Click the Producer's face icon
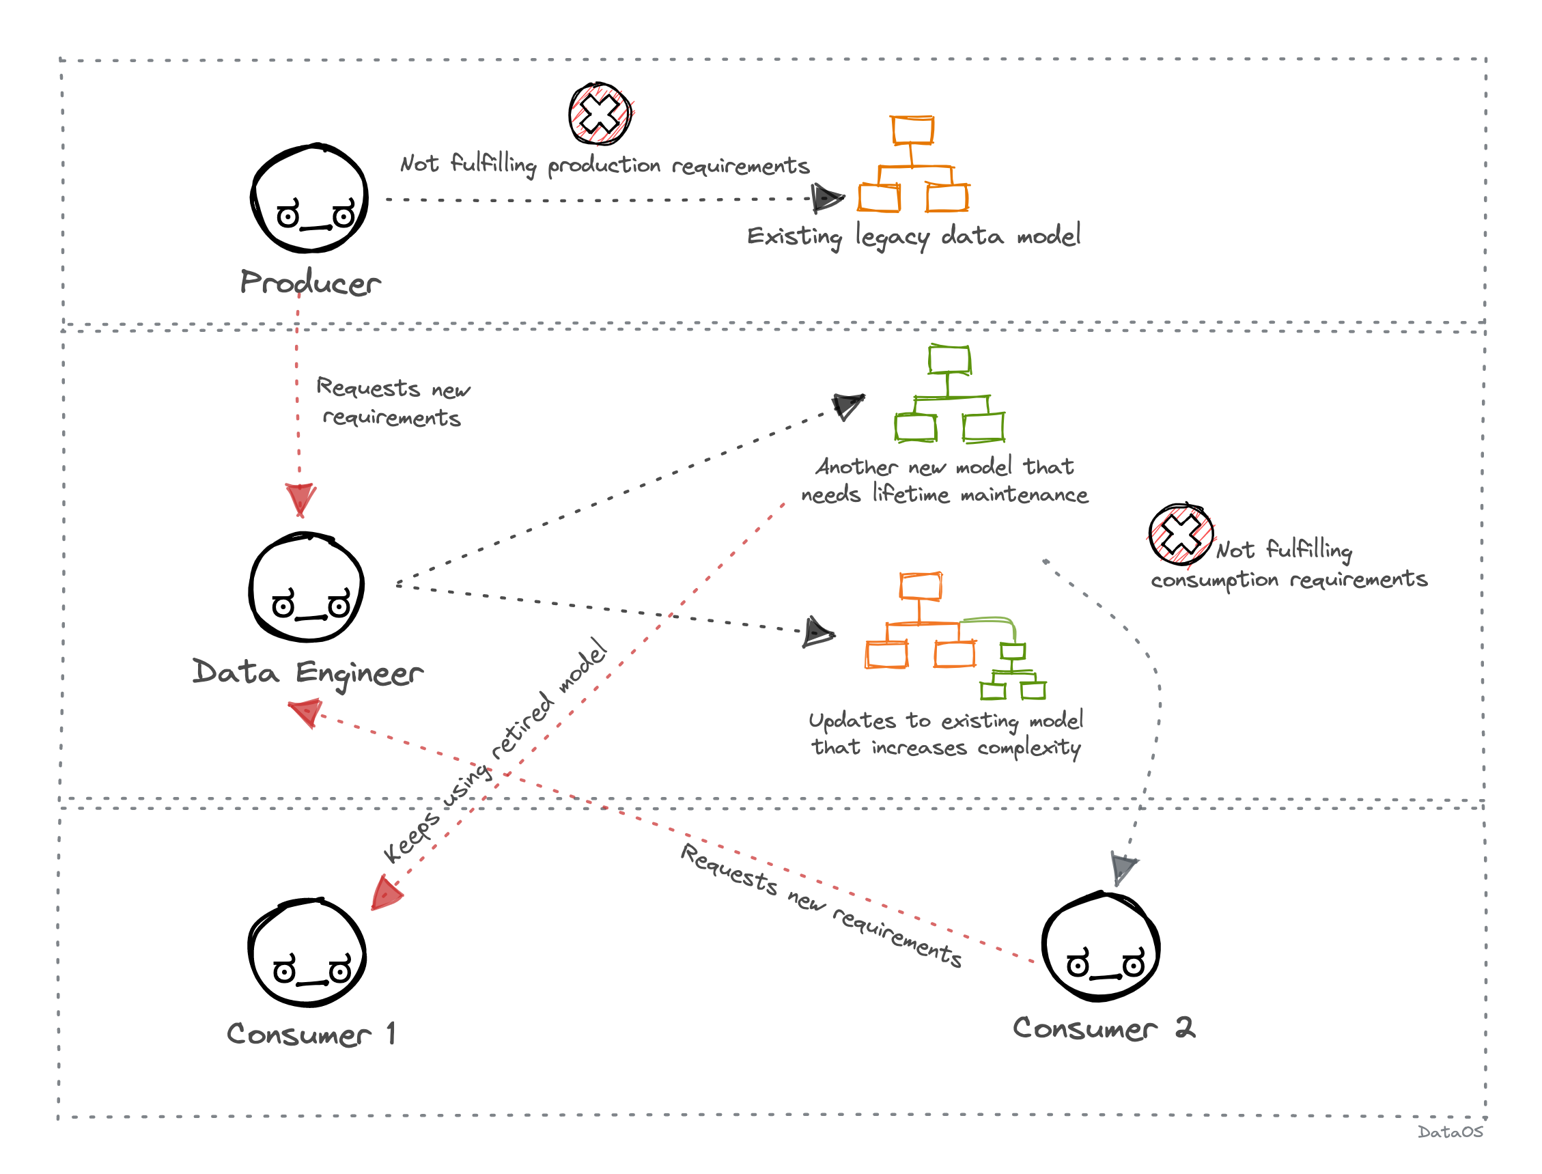(x=309, y=199)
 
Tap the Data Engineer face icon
(x=307, y=587)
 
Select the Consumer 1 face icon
(x=307, y=953)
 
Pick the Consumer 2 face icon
(x=1101, y=947)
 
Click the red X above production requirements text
(x=600, y=114)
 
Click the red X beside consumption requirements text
(x=1181, y=535)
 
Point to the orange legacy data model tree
(x=912, y=165)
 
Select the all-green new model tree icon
(x=949, y=394)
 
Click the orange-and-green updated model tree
(x=955, y=636)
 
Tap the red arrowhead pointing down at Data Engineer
(x=300, y=499)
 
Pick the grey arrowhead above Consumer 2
(x=1122, y=868)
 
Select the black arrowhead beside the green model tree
(x=847, y=405)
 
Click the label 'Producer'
(x=310, y=283)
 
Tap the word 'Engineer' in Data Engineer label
(x=359, y=673)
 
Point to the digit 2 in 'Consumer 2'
(x=1185, y=1028)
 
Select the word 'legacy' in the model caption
(x=893, y=238)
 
